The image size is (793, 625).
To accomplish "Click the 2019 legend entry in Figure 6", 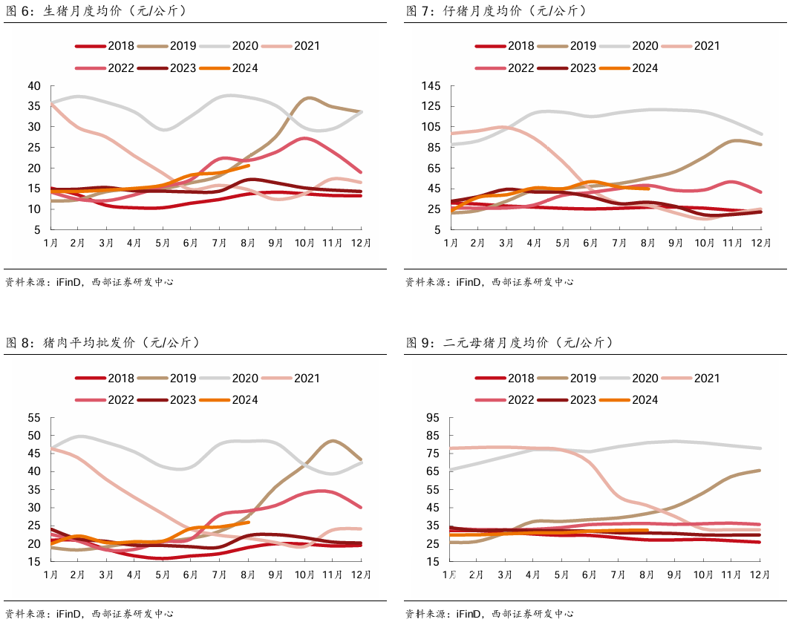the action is pos(166,46).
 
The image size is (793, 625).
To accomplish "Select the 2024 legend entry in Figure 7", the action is pos(629,68).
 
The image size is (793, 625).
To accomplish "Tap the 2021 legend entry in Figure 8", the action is pos(291,379).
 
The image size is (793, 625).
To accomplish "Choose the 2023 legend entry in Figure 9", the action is pos(567,400).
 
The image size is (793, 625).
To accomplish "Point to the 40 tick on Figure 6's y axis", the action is pos(34,86).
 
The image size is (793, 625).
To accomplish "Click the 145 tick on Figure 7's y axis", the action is pos(431,86).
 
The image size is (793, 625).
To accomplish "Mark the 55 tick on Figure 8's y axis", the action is pos(34,418).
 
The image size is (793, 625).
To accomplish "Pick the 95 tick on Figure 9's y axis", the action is pos(434,418).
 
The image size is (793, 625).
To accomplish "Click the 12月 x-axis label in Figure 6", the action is pos(361,243).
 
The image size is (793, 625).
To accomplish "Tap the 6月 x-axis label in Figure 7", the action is pos(591,243).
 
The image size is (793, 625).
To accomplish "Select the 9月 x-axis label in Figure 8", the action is pos(275,575).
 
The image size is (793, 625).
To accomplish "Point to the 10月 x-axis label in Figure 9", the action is pos(703,575).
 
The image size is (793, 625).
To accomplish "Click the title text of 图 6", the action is pos(96,10).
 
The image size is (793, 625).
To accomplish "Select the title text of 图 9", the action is pos(510,342).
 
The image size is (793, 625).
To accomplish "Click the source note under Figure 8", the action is pos(90,614).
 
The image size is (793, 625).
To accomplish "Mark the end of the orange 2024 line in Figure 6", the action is pos(248,166).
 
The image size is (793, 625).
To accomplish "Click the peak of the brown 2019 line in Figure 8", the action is pos(332,441).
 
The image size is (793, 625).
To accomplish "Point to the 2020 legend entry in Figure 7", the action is pos(629,46).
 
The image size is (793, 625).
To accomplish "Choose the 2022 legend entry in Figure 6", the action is pos(105,68).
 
